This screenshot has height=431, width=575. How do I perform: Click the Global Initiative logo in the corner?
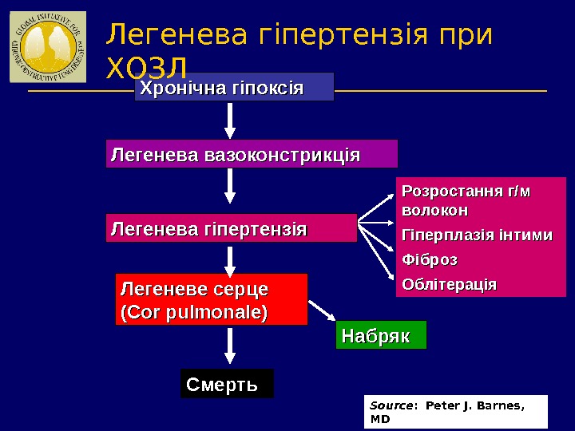pos(47,47)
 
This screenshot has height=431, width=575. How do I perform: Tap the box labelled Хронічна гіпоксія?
pos(234,87)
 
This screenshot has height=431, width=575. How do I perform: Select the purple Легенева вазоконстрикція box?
pos(252,153)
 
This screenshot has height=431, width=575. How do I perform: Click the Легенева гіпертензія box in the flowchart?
pos(232,228)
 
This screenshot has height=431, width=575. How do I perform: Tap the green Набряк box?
pos(382,335)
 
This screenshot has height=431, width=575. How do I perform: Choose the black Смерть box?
pos(227,383)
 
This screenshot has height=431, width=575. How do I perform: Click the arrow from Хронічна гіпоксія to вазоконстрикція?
pos(230,121)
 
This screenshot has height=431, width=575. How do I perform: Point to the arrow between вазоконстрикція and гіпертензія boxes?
pos(230,186)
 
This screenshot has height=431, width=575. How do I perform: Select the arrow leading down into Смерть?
pos(230,347)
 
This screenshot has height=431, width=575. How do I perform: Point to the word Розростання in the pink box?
pos(447,192)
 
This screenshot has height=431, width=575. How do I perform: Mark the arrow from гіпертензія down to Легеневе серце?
pos(230,259)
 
